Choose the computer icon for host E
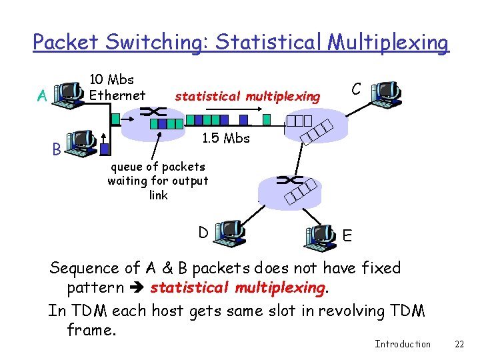(320, 237)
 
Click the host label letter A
(42, 97)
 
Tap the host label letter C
(357, 89)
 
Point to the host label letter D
(203, 232)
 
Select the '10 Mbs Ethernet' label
(117, 87)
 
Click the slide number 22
(459, 344)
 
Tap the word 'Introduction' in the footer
(403, 344)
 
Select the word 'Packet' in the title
(65, 43)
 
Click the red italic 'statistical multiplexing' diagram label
(247, 97)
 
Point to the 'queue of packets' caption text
(157, 167)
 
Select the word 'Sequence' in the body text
(84, 269)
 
